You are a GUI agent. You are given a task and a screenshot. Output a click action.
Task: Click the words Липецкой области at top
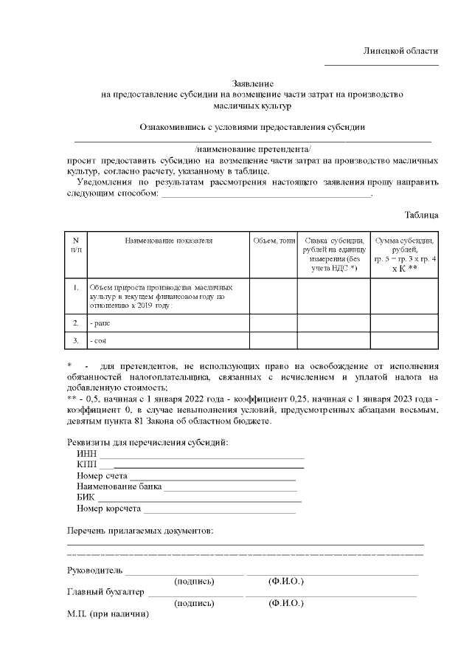(x=400, y=51)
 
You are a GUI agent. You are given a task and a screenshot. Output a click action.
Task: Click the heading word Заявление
(x=253, y=84)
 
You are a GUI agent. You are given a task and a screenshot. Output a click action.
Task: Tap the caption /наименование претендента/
(x=253, y=149)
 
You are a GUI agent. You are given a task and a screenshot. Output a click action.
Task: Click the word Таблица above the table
(x=422, y=215)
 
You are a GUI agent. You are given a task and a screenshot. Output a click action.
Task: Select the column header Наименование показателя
(x=168, y=241)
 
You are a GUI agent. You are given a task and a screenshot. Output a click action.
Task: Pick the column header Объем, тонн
(x=274, y=241)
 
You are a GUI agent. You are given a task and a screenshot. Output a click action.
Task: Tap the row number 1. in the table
(x=76, y=286)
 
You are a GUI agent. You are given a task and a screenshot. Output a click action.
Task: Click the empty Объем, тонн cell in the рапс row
(x=274, y=323)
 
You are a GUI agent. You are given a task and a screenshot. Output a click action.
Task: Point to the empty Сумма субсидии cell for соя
(x=404, y=340)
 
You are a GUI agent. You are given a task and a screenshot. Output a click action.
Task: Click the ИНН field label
(x=86, y=453)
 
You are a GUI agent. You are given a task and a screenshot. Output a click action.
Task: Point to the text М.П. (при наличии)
(x=108, y=614)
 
